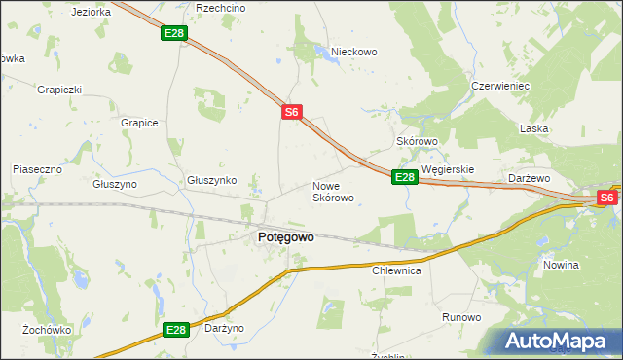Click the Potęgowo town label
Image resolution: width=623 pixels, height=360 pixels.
285,236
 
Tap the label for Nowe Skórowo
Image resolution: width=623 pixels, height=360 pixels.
332,191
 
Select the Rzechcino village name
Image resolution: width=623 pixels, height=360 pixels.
221,8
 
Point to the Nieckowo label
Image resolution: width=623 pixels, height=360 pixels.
353,52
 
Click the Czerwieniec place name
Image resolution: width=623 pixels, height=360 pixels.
499,86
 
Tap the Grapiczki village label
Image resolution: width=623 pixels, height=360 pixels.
59,90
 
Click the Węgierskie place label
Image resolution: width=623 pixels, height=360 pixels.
448,169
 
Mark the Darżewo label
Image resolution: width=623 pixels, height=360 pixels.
531,179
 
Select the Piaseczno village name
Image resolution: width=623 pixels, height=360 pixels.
37,169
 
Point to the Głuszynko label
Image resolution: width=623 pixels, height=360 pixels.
212,181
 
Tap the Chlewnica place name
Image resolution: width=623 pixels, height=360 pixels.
396,271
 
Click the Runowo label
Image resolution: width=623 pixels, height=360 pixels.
461,318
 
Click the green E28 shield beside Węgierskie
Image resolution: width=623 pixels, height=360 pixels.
405,177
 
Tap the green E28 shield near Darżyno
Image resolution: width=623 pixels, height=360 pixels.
175,331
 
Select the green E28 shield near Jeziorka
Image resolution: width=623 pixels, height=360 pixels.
174,34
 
